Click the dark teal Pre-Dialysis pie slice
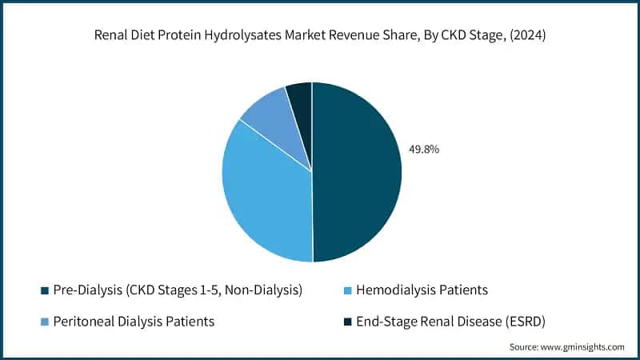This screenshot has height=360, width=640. [356, 172]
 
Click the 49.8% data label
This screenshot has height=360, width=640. [424, 149]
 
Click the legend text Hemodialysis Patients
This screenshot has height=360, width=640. [419, 290]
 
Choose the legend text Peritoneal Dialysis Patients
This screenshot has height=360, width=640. [134, 322]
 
